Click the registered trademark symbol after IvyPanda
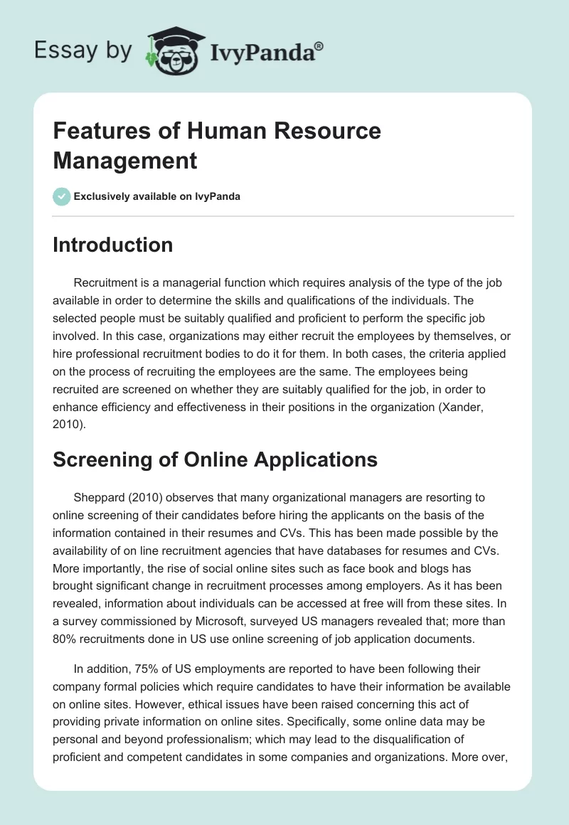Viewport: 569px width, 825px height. pos(319,46)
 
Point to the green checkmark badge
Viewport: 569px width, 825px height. pos(62,196)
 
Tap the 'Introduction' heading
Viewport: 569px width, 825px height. pos(113,245)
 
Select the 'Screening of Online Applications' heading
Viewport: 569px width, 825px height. pos(215,459)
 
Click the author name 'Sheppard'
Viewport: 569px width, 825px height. pos(97,497)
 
